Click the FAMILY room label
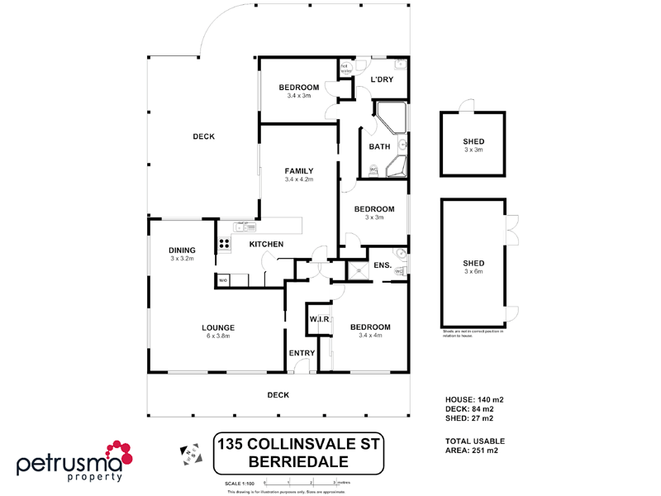pos(298,171)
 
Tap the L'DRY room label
pos(381,79)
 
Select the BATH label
pos(379,147)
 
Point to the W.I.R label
pos(319,319)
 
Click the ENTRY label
pos(302,354)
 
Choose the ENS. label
pos(382,265)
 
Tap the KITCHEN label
pos(267,244)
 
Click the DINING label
pos(182,250)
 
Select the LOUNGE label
pos(217,327)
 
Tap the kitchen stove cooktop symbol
pos(224,244)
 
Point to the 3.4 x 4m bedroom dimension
pos(369,336)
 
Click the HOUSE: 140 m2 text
pos(474,399)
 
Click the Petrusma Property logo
pos(74,461)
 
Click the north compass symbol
pos(191,453)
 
